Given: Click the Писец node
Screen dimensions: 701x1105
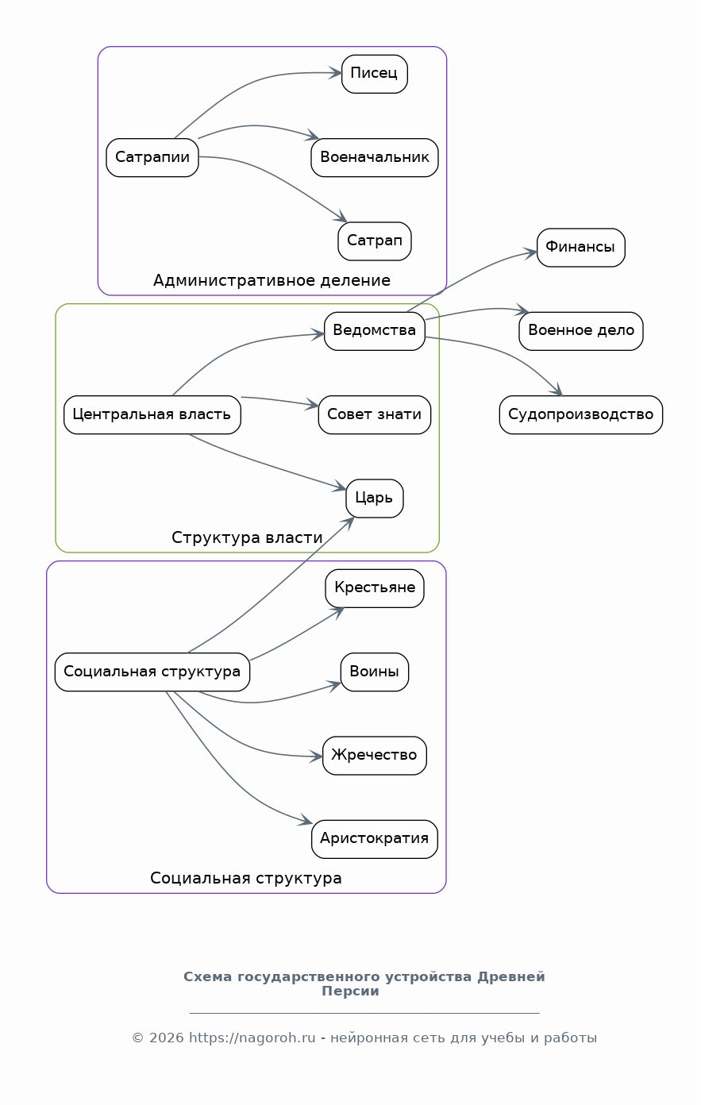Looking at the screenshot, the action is pyautogui.click(x=375, y=74).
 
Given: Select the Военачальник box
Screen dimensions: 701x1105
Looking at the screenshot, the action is pyautogui.click(x=375, y=157).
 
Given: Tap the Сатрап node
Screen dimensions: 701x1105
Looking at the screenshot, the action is pyautogui.click(x=375, y=241).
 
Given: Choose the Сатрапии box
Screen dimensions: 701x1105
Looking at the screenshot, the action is pyautogui.click(x=152, y=157).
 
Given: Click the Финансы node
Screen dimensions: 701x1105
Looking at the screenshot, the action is pyautogui.click(x=580, y=248).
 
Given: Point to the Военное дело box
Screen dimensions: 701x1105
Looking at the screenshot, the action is pyautogui.click(x=580, y=331).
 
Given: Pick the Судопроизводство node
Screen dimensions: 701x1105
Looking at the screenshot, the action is pyautogui.click(x=580, y=415).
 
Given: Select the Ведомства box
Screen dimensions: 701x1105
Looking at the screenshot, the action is pyautogui.click(x=375, y=331).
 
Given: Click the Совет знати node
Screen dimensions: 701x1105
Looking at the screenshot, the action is pyautogui.click(x=375, y=415).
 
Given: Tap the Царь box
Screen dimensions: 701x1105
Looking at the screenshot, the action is pyautogui.click(x=375, y=499).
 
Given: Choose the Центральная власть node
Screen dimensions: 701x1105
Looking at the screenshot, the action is pyautogui.click(x=152, y=415).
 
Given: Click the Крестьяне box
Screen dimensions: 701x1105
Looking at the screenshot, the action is pyautogui.click(x=375, y=588).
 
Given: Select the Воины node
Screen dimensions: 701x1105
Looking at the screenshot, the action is pyautogui.click(x=375, y=672).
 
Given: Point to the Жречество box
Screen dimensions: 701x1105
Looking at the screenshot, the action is pyautogui.click(x=375, y=756).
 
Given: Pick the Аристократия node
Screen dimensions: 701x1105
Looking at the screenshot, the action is pyautogui.click(x=375, y=839).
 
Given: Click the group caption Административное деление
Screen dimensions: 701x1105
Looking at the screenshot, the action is pyautogui.click(x=272, y=280).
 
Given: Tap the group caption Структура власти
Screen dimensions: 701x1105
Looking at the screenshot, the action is pyautogui.click(x=247, y=537).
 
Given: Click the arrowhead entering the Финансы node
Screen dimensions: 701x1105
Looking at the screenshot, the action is pyautogui.click(x=532, y=253).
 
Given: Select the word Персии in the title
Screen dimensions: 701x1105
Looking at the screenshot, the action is pyautogui.click(x=350, y=991).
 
